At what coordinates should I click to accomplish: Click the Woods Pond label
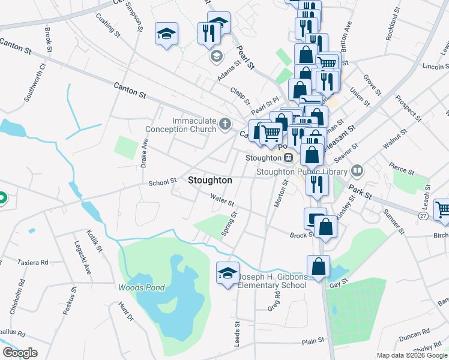pyautogui.click(x=141, y=287)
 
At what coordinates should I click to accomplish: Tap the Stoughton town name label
pyautogui.click(x=210, y=180)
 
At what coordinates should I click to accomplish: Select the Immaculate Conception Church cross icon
pyautogui.click(x=225, y=125)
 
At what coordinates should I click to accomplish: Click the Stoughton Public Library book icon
pyautogui.click(x=358, y=171)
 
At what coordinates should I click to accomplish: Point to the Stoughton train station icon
pyautogui.click(x=289, y=158)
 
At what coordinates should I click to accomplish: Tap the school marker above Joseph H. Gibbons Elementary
pyautogui.click(x=228, y=274)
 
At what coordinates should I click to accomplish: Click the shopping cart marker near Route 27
pyautogui.click(x=442, y=209)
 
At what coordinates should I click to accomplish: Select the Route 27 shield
pyautogui.click(x=423, y=214)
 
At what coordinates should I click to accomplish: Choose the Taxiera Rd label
pyautogui.click(x=32, y=262)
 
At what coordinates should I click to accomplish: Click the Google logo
pyautogui.click(x=20, y=353)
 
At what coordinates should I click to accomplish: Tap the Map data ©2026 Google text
pyautogui.click(x=411, y=355)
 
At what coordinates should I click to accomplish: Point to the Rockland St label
pyautogui.click(x=393, y=25)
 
